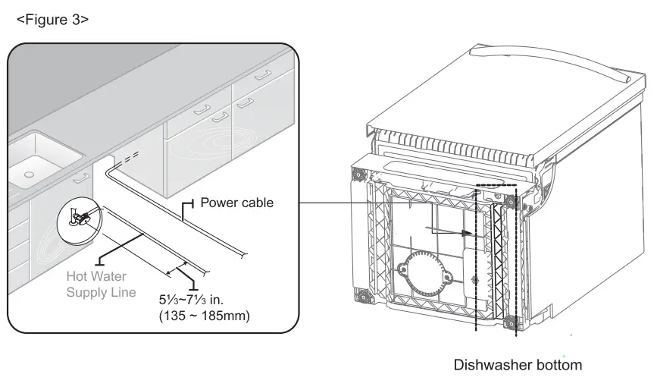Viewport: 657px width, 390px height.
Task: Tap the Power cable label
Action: pyautogui.click(x=236, y=203)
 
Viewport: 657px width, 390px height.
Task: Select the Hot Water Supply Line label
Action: pyautogui.click(x=101, y=285)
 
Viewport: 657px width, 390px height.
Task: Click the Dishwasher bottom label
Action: pyautogui.click(x=518, y=365)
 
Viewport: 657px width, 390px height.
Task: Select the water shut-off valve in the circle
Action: pyautogui.click(x=79, y=217)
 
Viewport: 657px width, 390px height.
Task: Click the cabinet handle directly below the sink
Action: pyautogui.click(x=79, y=179)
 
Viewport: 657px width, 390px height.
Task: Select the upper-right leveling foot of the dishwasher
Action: pyautogui.click(x=510, y=203)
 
